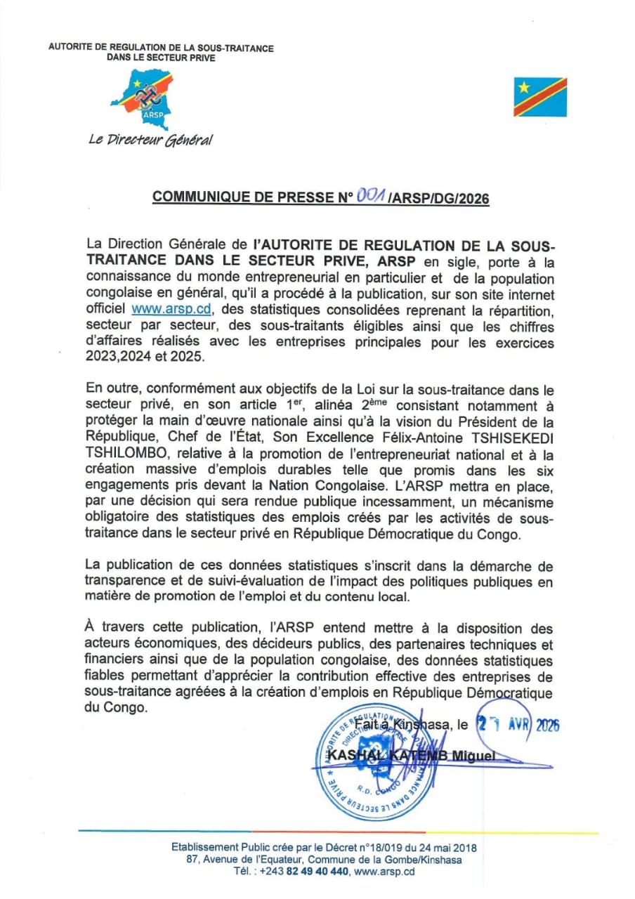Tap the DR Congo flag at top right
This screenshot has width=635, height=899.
pyautogui.click(x=539, y=97)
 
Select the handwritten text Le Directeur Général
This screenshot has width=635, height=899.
pyautogui.click(x=150, y=140)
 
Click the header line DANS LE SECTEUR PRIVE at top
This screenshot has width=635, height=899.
pyautogui.click(x=162, y=58)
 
